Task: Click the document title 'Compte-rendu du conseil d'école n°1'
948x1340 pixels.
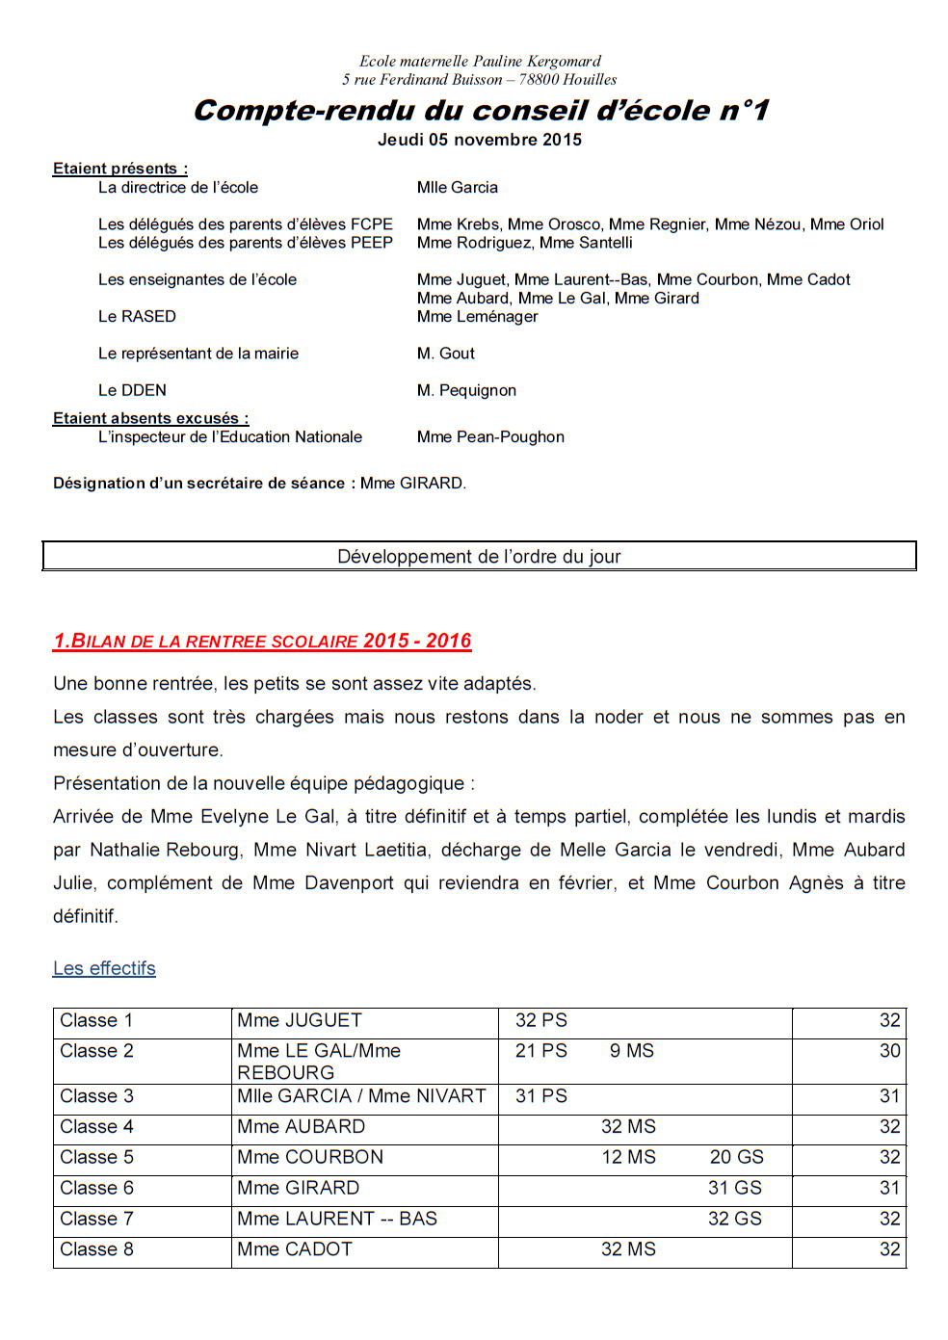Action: click(x=481, y=111)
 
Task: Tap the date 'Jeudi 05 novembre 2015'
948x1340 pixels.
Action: click(x=480, y=140)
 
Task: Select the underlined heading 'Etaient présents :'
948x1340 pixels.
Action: click(x=120, y=169)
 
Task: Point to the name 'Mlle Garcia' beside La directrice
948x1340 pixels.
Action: click(x=458, y=188)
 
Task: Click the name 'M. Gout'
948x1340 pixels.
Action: click(x=446, y=354)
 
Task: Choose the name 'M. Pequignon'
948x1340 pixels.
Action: click(x=466, y=390)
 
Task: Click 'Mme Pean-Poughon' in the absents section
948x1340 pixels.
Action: click(x=490, y=437)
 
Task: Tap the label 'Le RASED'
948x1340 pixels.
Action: click(x=137, y=317)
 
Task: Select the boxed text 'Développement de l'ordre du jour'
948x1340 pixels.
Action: click(x=479, y=557)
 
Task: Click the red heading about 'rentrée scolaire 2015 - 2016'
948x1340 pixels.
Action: click(x=262, y=642)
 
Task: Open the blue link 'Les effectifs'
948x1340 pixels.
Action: click(x=104, y=969)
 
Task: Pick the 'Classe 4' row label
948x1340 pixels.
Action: click(x=96, y=1127)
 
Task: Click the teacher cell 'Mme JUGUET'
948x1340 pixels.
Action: click(x=300, y=1021)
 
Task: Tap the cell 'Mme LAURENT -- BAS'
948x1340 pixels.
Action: click(x=337, y=1220)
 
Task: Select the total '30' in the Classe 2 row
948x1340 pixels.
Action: click(x=889, y=1051)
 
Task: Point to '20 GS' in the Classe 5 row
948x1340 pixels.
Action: click(x=737, y=1158)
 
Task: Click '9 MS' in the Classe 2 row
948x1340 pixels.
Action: click(x=632, y=1051)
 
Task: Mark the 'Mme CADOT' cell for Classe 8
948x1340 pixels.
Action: click(x=295, y=1250)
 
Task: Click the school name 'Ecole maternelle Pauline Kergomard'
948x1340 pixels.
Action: click(x=480, y=62)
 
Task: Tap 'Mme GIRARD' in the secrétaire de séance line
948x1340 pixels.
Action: click(x=412, y=484)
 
